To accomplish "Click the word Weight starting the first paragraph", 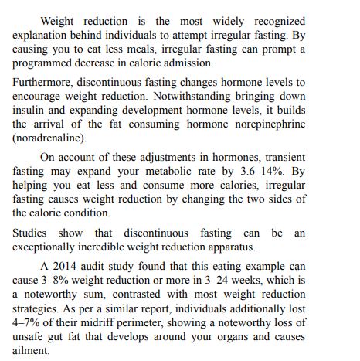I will point(57,21).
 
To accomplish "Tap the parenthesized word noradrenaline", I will point(49,137).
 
